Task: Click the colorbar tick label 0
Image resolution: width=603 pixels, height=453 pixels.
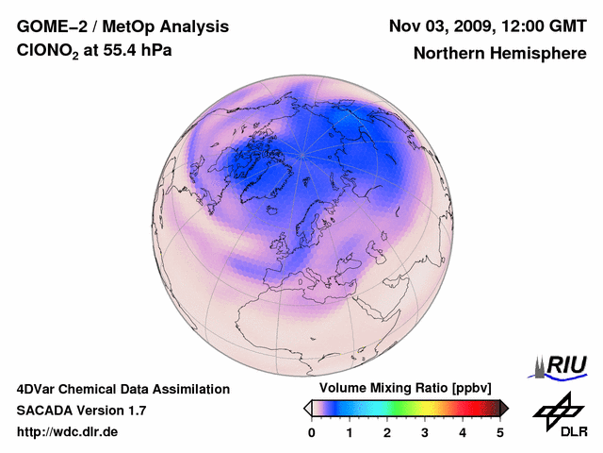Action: [312, 432]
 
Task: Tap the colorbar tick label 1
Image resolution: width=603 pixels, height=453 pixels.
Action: [350, 432]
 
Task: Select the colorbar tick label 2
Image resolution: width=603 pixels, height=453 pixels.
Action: [387, 432]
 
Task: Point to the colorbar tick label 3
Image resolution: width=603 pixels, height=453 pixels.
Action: [425, 432]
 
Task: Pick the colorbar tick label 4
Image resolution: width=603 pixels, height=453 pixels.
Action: [463, 432]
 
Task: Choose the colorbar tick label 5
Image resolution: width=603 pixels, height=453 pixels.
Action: [500, 432]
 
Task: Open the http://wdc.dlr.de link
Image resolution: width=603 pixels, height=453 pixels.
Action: [68, 432]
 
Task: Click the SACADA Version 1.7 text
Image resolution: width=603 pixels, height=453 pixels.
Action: [81, 411]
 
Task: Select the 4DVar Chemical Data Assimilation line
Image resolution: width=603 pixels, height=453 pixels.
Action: [122, 389]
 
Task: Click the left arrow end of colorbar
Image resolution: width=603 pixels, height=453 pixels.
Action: [307, 408]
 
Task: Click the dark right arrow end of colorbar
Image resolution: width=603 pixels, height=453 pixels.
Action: [504, 408]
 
